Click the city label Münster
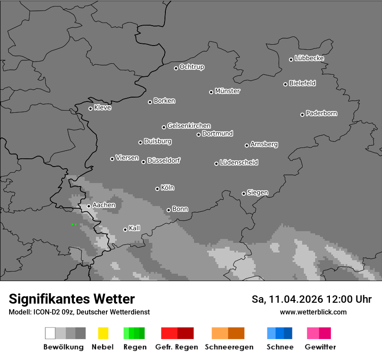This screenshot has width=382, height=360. (x=227, y=91)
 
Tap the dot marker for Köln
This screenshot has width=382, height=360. (x=157, y=189)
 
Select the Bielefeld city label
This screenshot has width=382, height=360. (x=302, y=83)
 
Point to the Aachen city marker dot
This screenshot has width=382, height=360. (x=89, y=206)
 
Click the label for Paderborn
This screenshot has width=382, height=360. (x=321, y=113)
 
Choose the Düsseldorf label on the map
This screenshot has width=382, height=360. (x=164, y=160)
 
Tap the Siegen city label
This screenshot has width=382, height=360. (x=257, y=193)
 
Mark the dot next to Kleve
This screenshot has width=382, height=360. (x=90, y=108)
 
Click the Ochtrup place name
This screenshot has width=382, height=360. (x=192, y=67)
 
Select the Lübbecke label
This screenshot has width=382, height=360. (x=309, y=58)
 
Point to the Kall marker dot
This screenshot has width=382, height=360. (x=125, y=229)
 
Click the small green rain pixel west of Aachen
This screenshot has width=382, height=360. (x=73, y=224)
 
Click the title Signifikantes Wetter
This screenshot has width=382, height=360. (x=72, y=299)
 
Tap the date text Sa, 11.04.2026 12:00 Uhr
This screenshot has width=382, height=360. (x=311, y=299)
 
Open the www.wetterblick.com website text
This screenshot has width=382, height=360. (x=313, y=312)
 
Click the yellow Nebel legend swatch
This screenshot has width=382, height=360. (x=103, y=333)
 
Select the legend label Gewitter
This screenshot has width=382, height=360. (x=320, y=347)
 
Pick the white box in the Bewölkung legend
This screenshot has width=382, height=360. (x=50, y=333)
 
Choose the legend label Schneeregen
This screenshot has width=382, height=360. (x=229, y=347)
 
